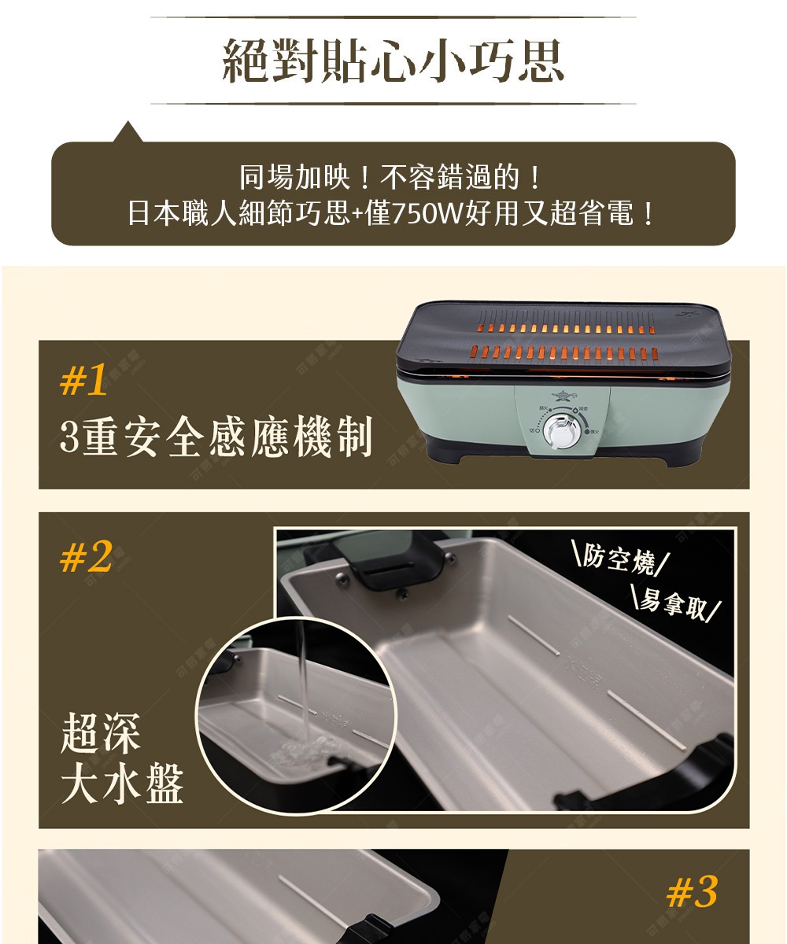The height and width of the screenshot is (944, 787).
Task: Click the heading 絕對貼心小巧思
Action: [x=393, y=61]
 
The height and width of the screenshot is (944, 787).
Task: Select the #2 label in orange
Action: [x=86, y=558]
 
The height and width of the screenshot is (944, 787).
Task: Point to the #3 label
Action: [x=691, y=892]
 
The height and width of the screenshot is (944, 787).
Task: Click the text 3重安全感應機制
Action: [x=216, y=438]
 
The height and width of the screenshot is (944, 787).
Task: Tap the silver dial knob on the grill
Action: [x=562, y=433]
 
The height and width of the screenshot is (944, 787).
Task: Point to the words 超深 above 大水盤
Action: [x=100, y=734]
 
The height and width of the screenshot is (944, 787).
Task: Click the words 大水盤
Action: [x=122, y=784]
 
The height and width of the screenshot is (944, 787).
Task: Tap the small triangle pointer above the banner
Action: [x=127, y=132]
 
